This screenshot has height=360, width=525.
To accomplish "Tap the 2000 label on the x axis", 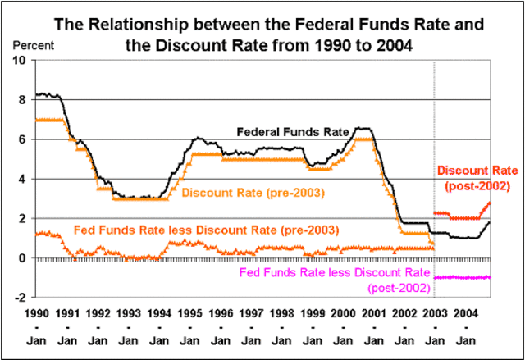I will coord(342,314).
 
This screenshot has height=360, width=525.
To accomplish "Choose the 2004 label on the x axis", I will coord(464,314).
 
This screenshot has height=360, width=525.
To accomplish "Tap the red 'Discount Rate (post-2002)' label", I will coord(477,178).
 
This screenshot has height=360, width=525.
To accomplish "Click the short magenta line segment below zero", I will coord(463,277).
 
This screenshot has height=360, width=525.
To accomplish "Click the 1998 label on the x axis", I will coord(281,314).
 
